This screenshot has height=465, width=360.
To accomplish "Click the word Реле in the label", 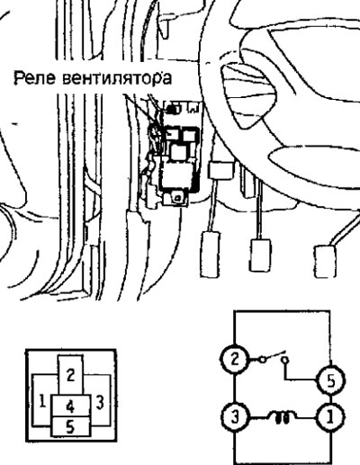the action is click(x=34, y=78).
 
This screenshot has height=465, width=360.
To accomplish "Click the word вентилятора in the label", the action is click(x=117, y=78).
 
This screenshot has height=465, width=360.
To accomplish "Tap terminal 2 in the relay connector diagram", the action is click(x=70, y=374).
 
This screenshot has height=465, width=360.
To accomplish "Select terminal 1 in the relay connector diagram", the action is click(x=42, y=401).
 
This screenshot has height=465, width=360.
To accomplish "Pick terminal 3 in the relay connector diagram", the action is click(x=100, y=401).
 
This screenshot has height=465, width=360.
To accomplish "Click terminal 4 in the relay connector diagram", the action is click(x=71, y=406).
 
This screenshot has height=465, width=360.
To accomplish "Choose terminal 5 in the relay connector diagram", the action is click(x=71, y=426).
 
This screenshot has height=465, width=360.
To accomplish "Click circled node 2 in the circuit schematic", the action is click(x=235, y=359).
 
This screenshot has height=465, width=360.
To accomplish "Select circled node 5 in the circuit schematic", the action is click(x=331, y=380).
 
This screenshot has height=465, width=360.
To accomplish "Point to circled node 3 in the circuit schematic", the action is click(x=235, y=417).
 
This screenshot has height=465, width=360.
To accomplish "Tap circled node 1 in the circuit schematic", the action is click(x=330, y=417).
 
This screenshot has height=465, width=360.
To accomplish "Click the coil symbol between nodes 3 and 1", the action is click(x=281, y=417).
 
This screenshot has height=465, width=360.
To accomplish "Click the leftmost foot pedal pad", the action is click(x=211, y=254).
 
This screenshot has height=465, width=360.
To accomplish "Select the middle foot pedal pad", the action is click(x=260, y=255).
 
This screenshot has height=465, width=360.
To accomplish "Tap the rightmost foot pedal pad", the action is click(x=325, y=262).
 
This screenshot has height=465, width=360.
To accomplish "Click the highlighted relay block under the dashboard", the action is click(x=180, y=159).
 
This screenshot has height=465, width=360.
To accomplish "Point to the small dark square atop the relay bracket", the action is click(x=172, y=110).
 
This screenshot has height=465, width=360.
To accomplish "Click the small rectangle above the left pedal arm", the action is click(x=221, y=171).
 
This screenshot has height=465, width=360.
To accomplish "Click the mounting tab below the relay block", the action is click(x=175, y=199).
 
